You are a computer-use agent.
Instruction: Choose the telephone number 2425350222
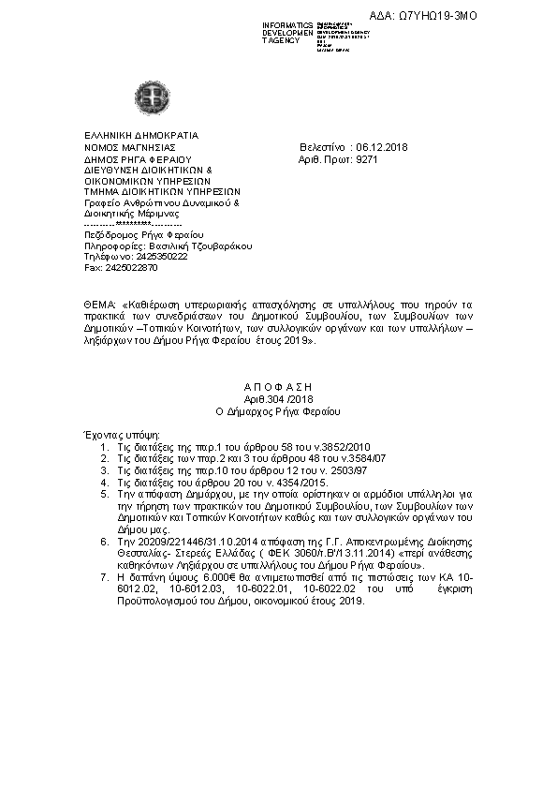coord(158,256)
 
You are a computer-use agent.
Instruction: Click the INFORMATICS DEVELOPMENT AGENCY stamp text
coord(288,34)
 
